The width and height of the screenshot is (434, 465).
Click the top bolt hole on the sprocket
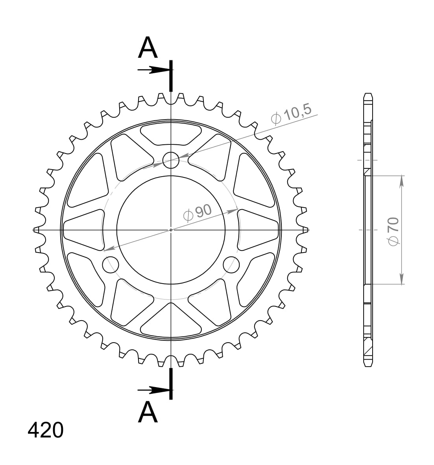pyautogui.click(x=171, y=160)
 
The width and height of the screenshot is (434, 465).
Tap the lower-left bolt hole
pyautogui.click(x=111, y=264)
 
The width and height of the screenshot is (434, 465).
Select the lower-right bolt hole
pyautogui.click(x=231, y=264)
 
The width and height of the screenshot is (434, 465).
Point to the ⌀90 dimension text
pyautogui.click(x=198, y=213)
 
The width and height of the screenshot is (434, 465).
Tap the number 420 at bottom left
pyautogui.click(x=45, y=430)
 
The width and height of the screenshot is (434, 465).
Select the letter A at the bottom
pyautogui.click(x=148, y=412)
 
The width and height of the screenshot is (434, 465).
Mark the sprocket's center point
pyautogui.click(x=171, y=230)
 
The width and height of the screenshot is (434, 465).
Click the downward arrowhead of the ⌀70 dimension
pyautogui.click(x=402, y=279)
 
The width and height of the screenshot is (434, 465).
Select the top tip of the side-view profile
pyautogui.click(x=367, y=94)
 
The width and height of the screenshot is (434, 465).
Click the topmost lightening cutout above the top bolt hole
pyautogui.click(x=171, y=133)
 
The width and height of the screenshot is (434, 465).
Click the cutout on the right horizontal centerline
pyautogui.click(x=259, y=230)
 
